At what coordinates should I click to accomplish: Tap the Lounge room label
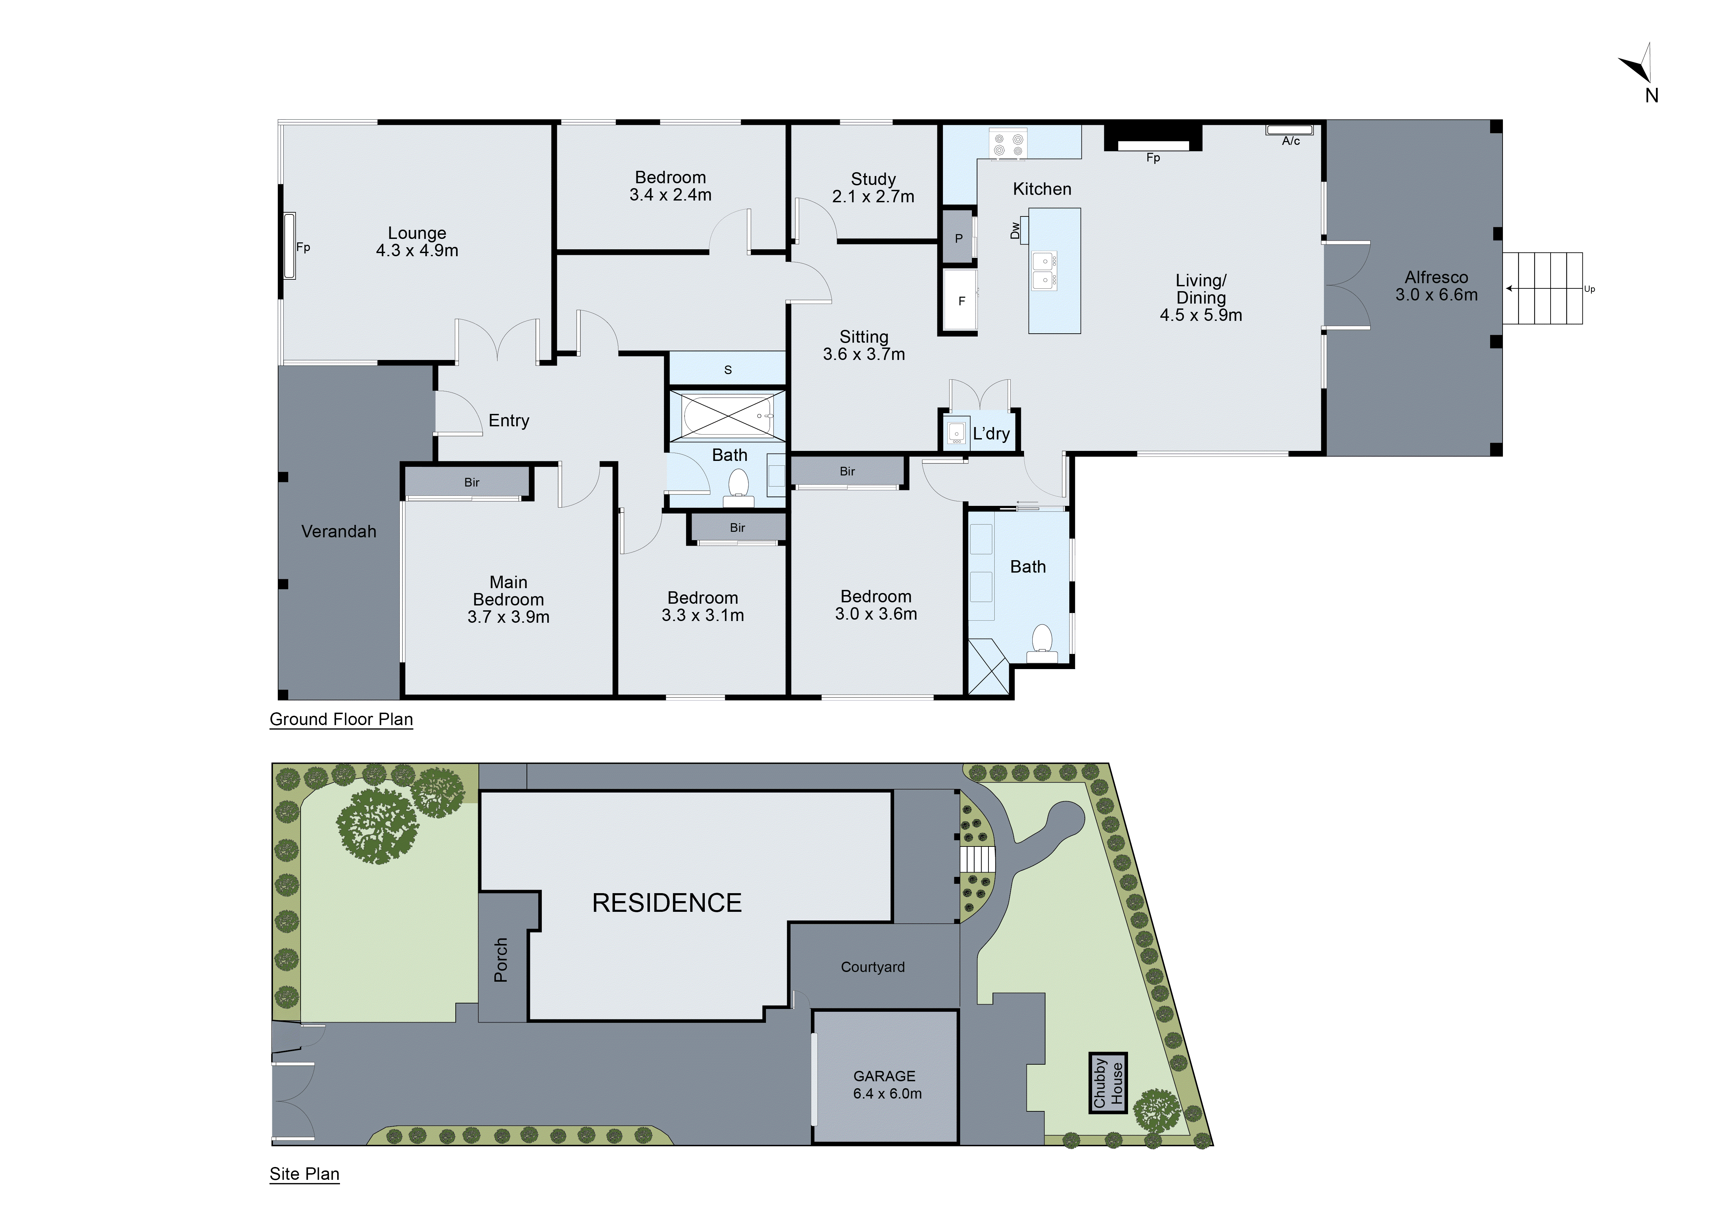tap(417, 242)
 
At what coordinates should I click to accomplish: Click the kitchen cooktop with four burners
tap(1008, 144)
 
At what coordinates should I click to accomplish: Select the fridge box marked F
tap(961, 300)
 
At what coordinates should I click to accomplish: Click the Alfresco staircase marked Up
tap(1542, 288)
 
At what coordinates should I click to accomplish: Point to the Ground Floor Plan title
tap(341, 719)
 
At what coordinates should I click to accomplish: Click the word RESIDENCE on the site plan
tap(667, 903)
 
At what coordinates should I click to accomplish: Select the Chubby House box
tap(1108, 1083)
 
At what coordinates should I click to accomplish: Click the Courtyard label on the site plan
tap(873, 967)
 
